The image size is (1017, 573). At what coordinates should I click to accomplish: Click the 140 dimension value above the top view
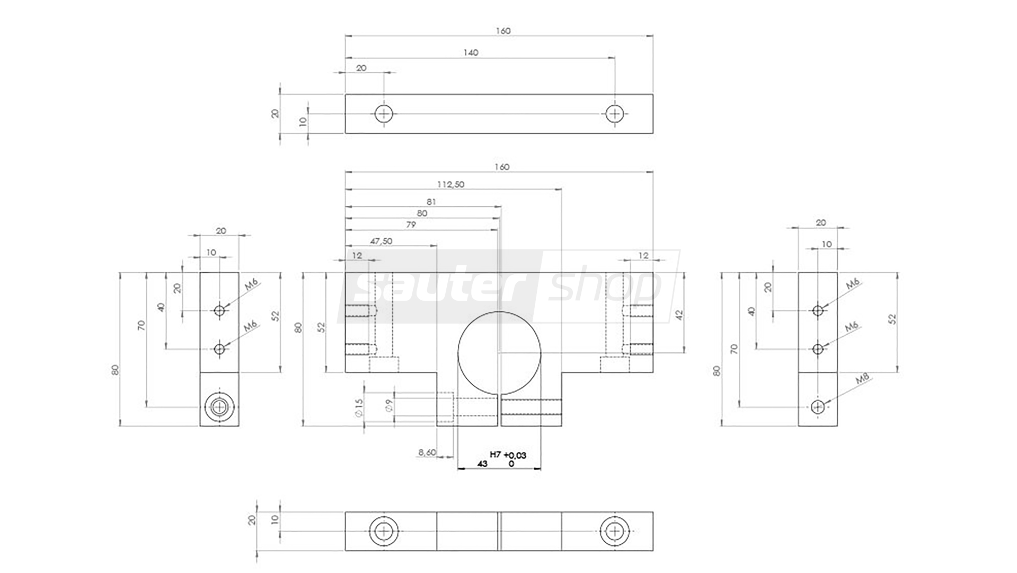click(471, 53)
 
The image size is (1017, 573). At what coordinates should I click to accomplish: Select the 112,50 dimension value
click(450, 185)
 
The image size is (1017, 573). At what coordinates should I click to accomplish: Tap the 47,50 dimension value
click(381, 241)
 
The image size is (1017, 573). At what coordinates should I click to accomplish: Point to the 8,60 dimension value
click(427, 453)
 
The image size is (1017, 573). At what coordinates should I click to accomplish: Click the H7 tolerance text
click(496, 455)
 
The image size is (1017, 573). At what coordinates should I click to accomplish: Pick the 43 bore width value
click(482, 464)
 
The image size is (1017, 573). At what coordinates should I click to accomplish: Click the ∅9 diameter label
click(390, 406)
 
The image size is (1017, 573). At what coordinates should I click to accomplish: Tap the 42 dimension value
click(680, 315)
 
